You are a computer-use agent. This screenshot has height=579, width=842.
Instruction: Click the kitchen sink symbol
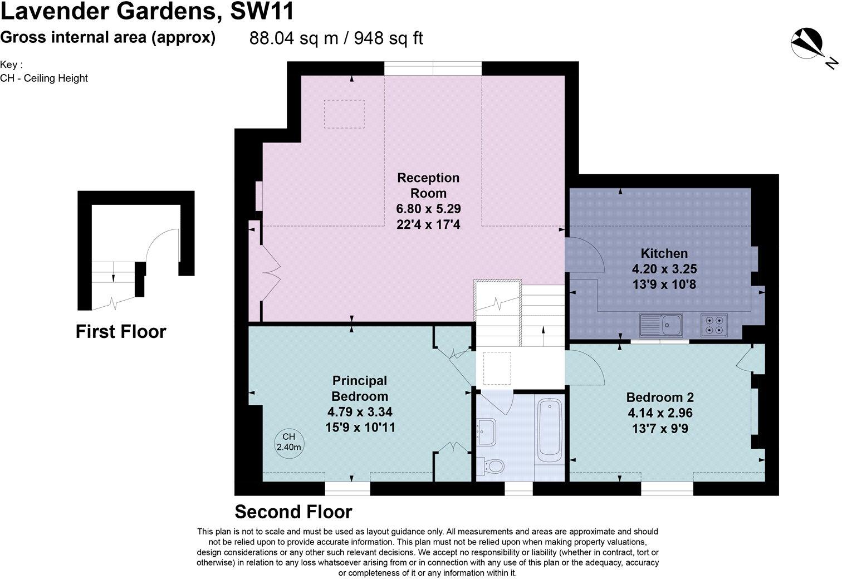coord(662,325)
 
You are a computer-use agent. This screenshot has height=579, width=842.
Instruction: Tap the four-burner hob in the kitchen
coord(714,325)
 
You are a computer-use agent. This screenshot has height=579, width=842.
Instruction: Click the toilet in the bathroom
coord(492,465)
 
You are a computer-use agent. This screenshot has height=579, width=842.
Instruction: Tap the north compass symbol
coord(809,45)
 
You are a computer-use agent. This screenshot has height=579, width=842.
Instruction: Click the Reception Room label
coord(428,185)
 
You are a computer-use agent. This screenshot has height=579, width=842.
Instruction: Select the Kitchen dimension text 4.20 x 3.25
coord(664,269)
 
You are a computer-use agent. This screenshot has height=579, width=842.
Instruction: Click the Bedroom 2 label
coord(660,397)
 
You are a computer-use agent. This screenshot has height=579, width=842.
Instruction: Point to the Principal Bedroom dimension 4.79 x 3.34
coord(360,412)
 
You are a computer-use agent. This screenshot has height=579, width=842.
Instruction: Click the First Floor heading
coord(121,332)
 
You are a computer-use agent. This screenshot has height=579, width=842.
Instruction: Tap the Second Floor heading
coord(293,512)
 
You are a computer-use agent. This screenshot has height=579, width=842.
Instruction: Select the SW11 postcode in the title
coord(262,12)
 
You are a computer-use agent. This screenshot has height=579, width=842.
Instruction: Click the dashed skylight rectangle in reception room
coord(344,114)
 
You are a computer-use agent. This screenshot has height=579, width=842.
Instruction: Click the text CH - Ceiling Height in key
coord(44,78)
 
